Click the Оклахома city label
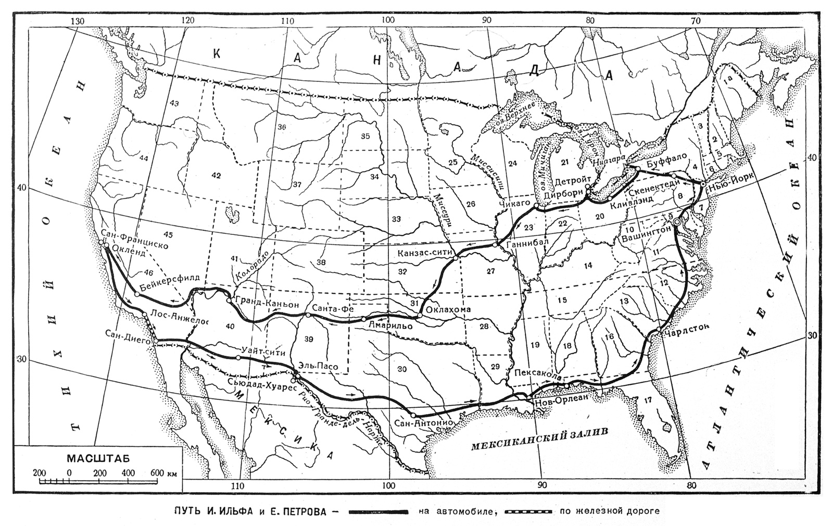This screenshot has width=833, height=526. point(448,310)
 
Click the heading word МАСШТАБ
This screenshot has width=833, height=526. point(98,459)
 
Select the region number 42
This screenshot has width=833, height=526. point(217,176)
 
